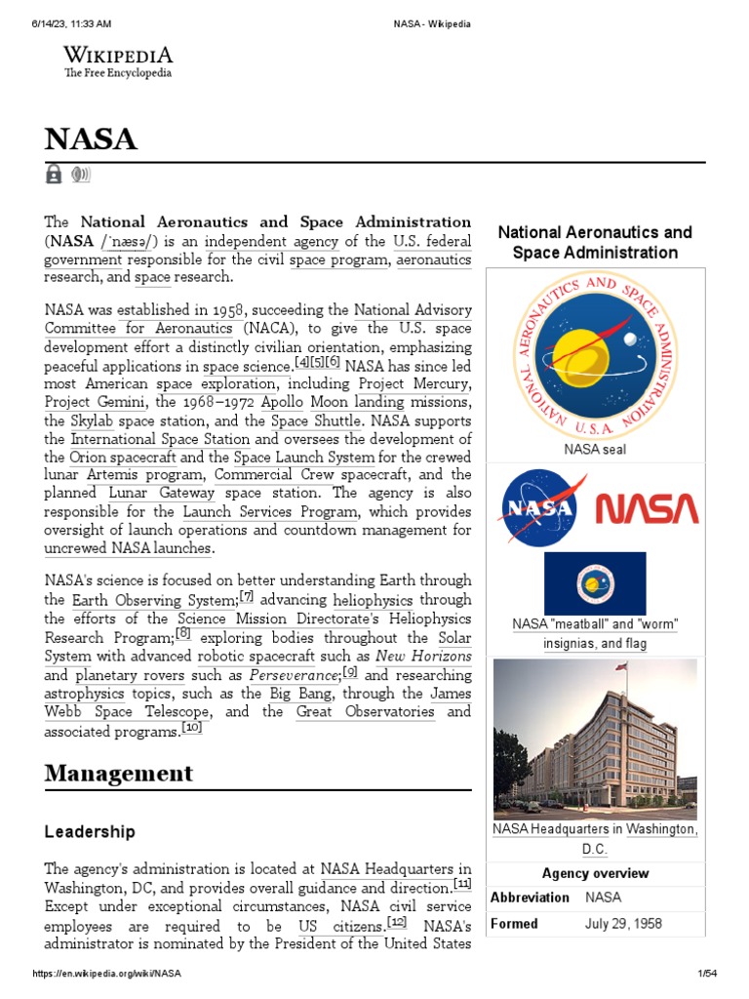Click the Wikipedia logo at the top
point(118,61)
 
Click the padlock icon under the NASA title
point(54,175)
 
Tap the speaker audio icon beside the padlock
point(80,175)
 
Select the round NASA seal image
point(595,356)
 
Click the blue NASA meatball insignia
point(538,506)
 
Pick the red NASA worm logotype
point(647,508)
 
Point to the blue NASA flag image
point(595,582)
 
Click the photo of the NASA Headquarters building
point(595,739)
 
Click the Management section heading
point(119,774)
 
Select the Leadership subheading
point(90,832)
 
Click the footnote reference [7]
point(247,596)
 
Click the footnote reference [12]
point(397,922)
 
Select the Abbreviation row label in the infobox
point(530,898)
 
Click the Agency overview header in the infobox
point(595,873)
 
